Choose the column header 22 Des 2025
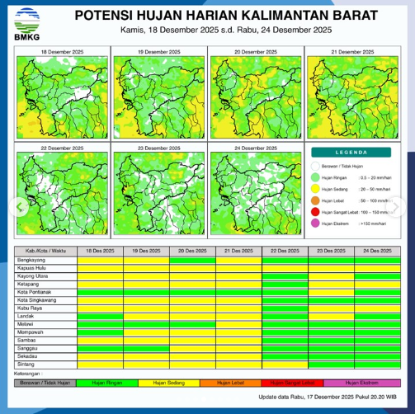tap(285, 251)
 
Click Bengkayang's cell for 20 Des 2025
tap(192, 260)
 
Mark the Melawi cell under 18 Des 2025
tap(100, 326)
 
